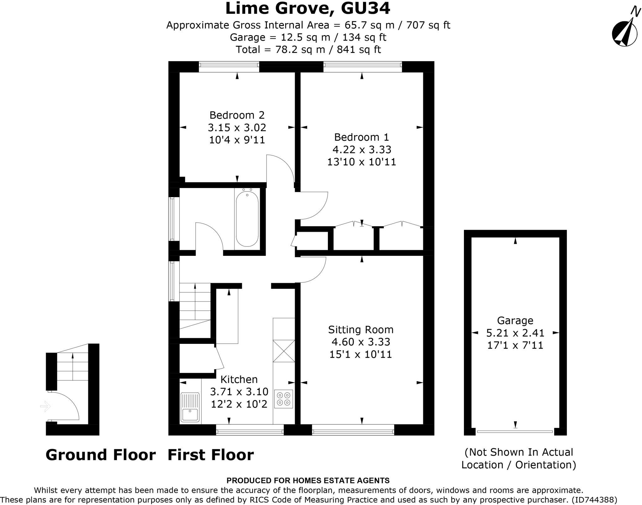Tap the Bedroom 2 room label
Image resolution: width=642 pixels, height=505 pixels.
(237, 115)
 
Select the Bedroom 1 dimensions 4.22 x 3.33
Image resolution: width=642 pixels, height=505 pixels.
(362, 150)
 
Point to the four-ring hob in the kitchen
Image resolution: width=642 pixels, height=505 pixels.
(284, 399)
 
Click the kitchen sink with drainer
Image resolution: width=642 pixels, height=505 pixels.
(190, 407)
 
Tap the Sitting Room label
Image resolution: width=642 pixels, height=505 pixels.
(360, 329)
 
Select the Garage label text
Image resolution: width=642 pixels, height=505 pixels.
(515, 320)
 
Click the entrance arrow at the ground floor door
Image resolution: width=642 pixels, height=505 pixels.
(45, 407)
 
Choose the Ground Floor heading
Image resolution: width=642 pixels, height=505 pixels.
(101, 455)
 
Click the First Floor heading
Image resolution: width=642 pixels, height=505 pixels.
(211, 455)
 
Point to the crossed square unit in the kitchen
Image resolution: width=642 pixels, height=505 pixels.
(284, 351)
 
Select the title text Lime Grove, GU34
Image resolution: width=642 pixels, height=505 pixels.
(308, 8)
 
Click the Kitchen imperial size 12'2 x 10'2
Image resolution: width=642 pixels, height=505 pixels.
(239, 404)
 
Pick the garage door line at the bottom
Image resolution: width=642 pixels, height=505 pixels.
(515, 432)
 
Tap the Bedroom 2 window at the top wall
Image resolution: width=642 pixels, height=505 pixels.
(229, 65)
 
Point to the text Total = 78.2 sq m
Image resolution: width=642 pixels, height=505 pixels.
(280, 50)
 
